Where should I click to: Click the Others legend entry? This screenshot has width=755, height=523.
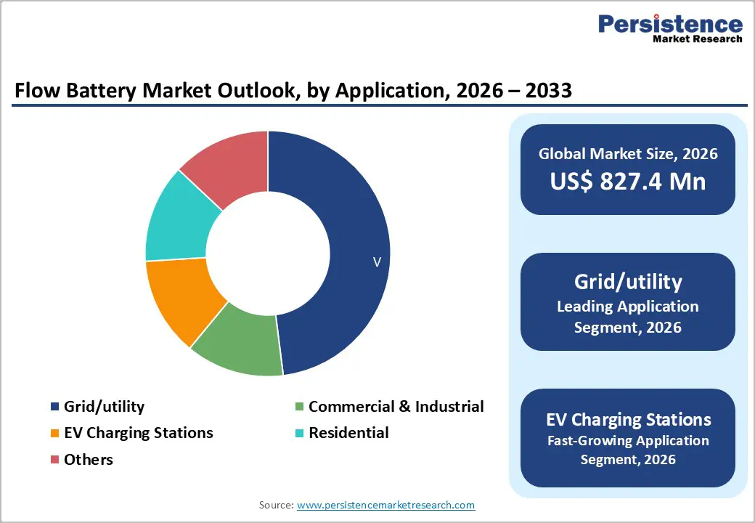point(88,459)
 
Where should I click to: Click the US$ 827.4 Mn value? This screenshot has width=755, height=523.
point(628,181)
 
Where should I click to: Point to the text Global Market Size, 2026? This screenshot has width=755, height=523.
point(628,153)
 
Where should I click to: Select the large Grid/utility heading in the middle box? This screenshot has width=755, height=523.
point(628,281)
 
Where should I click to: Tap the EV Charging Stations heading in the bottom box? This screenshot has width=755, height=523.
point(628,419)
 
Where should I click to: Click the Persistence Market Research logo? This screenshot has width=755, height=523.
point(670,28)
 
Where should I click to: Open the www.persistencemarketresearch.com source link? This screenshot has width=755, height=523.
point(385,505)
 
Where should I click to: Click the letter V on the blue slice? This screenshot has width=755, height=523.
point(377,262)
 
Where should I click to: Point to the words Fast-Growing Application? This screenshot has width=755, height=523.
point(628,441)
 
